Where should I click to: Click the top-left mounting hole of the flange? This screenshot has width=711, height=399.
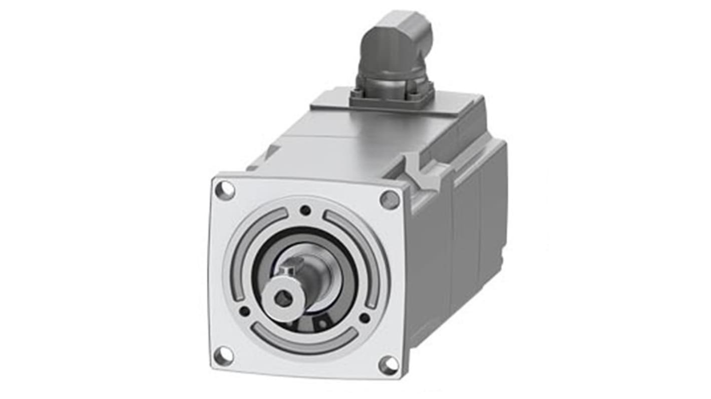pyautogui.click(x=224, y=190)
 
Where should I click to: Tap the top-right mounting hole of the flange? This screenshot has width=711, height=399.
pyautogui.click(x=390, y=200)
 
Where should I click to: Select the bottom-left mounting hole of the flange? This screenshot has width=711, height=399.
pyautogui.click(x=223, y=355)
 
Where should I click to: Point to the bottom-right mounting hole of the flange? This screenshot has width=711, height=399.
pyautogui.click(x=389, y=365)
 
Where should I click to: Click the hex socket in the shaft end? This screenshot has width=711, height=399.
pyautogui.click(x=281, y=300)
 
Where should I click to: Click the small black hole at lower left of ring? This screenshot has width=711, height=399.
pyautogui.click(x=245, y=311)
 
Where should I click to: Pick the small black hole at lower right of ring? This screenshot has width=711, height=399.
pyautogui.click(x=365, y=318)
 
